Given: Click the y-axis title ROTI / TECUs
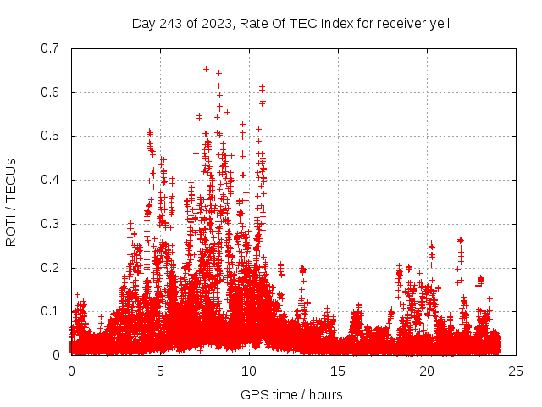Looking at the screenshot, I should (x=11, y=202).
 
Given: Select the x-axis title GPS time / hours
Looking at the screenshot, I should (x=291, y=394).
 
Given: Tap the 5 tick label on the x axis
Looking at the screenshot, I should (x=160, y=371).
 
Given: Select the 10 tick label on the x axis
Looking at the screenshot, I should (x=249, y=371).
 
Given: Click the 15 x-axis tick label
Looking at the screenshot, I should (x=338, y=371).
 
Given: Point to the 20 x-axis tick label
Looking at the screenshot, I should (x=427, y=371).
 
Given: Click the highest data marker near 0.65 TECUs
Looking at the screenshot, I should (x=206, y=69).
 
